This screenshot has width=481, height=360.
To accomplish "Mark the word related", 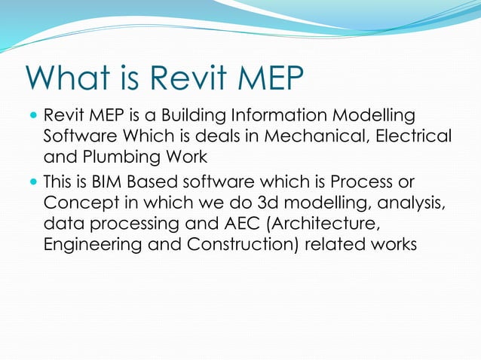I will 332,246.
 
